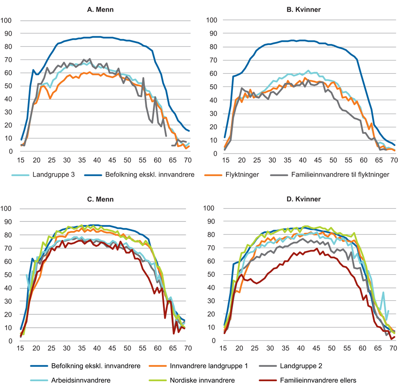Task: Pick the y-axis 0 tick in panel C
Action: (13, 341)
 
